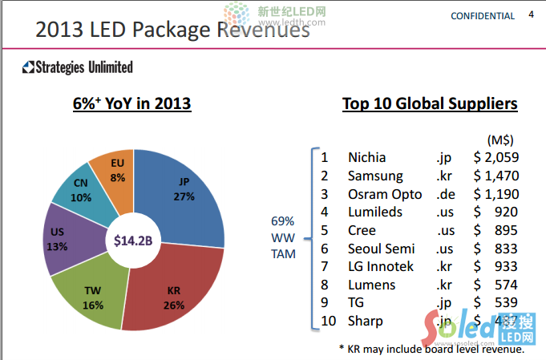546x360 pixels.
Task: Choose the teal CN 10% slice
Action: pos(80,190)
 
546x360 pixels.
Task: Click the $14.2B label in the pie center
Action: pos(133,240)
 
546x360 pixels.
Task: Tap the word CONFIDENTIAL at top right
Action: pos(483,16)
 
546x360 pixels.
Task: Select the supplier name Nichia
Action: pos(366,157)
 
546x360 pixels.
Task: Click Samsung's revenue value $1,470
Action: pos(496,176)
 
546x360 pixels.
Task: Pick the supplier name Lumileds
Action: pos(374,212)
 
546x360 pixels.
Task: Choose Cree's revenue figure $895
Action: pos(496,230)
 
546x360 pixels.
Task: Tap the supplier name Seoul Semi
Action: pos(381,249)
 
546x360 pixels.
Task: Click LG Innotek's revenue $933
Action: pos(496,266)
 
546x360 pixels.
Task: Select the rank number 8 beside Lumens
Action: pos(325,285)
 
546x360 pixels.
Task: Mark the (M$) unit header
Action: pos(500,139)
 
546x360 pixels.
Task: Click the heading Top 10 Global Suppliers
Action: pos(430,104)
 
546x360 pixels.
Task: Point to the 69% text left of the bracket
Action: pos(283,220)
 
